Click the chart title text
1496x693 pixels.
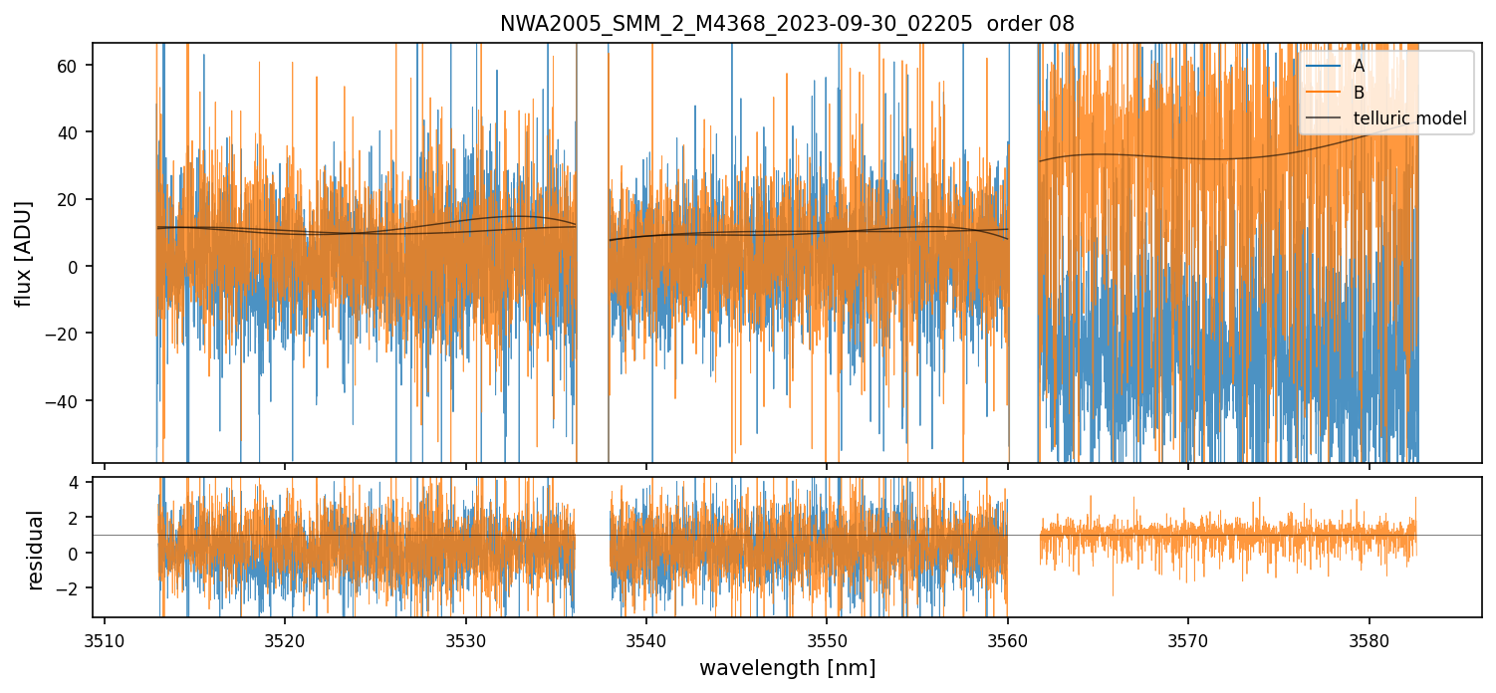787,24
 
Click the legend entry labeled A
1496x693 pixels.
1359,66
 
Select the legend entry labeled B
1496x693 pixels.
1359,93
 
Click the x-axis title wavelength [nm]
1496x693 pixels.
787,667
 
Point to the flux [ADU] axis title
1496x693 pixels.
23,253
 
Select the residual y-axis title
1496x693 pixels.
36,550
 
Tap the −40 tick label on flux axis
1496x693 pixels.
67,401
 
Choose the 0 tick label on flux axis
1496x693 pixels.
80,267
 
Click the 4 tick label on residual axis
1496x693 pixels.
80,483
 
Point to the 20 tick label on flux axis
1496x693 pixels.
74,200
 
